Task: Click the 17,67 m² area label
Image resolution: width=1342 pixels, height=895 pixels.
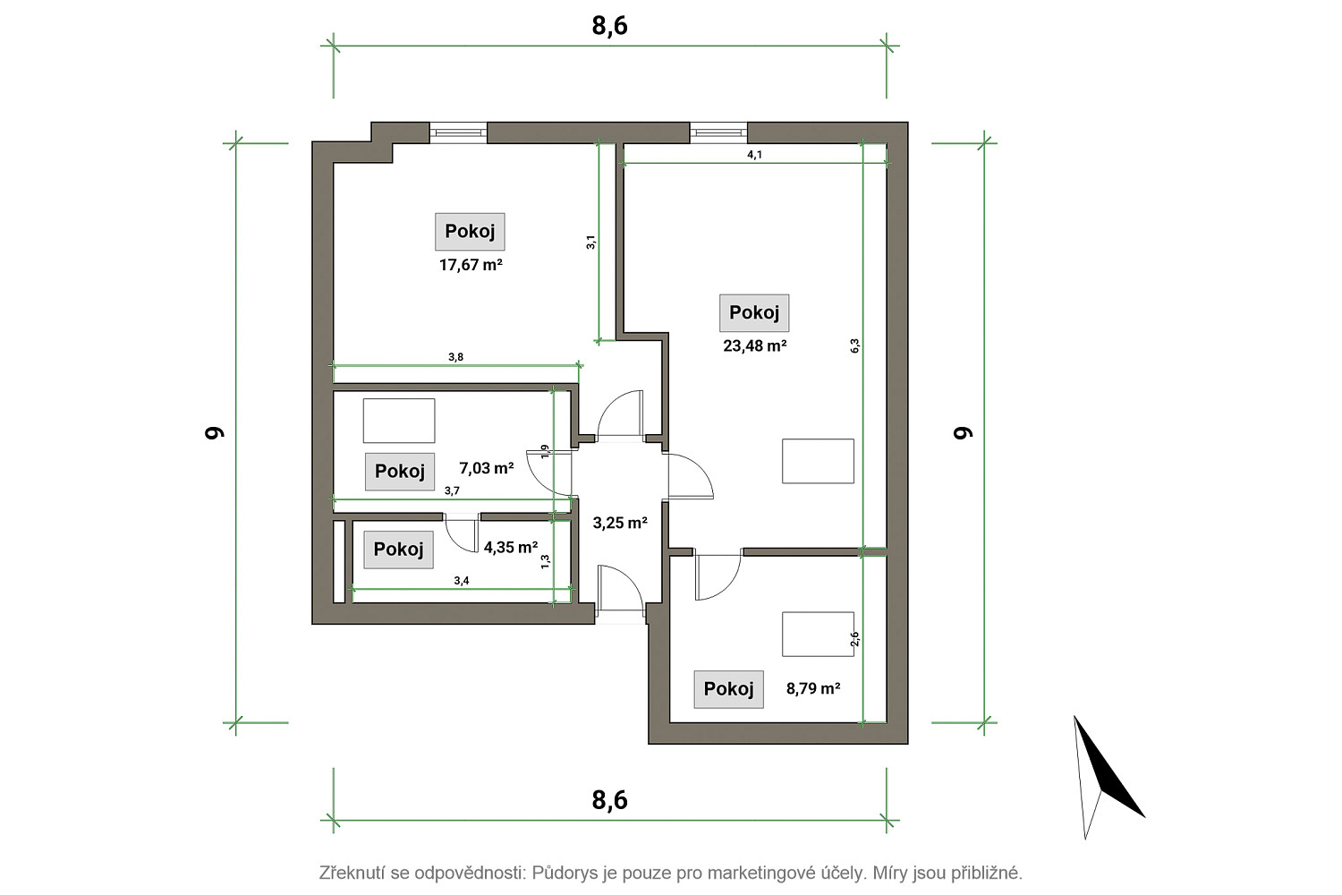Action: point(471,264)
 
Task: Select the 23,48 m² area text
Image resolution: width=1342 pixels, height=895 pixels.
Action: point(754,345)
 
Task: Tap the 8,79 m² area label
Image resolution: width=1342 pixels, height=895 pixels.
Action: point(813,688)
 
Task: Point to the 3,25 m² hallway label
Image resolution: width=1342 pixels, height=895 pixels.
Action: point(620,523)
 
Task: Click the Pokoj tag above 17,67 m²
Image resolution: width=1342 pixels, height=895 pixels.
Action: point(470,232)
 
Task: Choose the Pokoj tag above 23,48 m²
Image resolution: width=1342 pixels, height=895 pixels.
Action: point(754,313)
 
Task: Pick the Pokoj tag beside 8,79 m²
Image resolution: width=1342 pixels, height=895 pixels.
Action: point(728,689)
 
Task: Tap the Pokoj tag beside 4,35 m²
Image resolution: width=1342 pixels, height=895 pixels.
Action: point(398,550)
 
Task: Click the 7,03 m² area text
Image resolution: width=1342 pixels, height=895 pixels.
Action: point(487,467)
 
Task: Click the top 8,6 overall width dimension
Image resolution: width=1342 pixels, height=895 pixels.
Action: point(610,26)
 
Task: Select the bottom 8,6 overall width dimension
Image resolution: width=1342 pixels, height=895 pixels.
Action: point(610,800)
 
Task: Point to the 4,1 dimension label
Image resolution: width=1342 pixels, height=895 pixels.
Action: point(754,155)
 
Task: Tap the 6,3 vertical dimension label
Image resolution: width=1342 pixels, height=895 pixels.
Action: point(855,345)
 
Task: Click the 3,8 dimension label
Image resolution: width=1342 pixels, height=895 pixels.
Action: point(456,357)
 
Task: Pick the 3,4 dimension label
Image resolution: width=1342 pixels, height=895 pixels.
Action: point(462,580)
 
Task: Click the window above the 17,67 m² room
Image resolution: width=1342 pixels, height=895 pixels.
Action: point(458,132)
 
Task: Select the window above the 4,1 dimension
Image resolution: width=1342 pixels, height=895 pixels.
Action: point(719,132)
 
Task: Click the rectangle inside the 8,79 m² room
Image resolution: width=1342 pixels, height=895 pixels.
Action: point(818,634)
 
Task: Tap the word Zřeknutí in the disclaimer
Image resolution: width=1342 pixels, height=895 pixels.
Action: point(352,873)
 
